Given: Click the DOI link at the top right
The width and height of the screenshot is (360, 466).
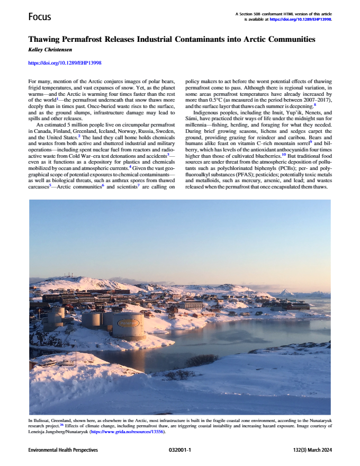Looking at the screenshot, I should tap(301, 19).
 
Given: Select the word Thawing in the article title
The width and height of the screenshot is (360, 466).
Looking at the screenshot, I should tap(48, 40).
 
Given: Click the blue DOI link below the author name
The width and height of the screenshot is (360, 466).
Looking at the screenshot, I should tap(64, 63).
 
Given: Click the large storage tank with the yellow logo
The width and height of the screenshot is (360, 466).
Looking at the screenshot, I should tap(128, 326).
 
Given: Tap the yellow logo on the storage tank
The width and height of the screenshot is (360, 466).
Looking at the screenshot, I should tap(128, 322).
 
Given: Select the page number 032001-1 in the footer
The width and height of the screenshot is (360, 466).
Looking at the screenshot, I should tap(179, 450).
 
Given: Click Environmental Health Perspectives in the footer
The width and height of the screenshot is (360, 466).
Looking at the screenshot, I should tap(63, 450).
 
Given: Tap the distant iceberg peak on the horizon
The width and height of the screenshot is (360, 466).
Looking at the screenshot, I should tap(289, 292).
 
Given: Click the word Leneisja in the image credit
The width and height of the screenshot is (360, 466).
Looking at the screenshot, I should tap(42, 432).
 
